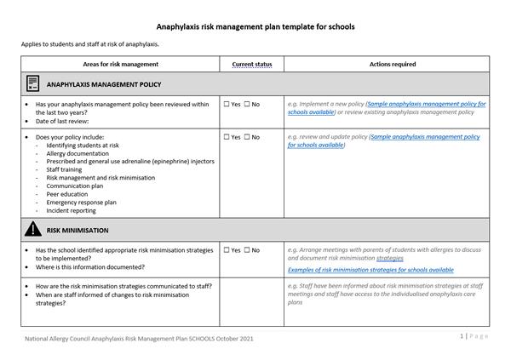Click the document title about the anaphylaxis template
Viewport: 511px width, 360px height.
tap(255, 26)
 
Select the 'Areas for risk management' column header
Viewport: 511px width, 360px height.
tap(120, 65)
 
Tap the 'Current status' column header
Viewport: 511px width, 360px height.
tap(251, 65)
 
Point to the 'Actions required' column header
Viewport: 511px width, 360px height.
tap(392, 65)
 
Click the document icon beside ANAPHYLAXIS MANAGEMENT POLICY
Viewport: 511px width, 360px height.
tap(32, 84)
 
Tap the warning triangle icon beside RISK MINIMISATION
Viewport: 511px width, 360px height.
tap(32, 230)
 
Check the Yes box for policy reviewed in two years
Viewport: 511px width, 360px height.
tap(227, 105)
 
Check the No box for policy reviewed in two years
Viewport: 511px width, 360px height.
tap(246, 105)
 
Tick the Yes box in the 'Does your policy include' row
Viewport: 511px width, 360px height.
tap(227, 137)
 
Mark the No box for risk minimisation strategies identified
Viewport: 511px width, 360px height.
tap(246, 250)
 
